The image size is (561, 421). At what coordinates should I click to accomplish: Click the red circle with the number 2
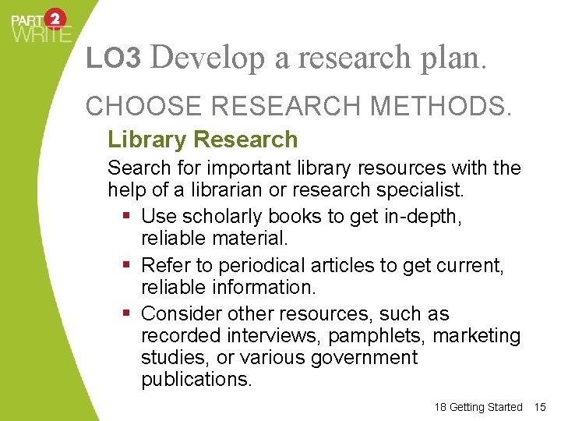56,19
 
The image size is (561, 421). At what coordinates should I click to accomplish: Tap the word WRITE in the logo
41,34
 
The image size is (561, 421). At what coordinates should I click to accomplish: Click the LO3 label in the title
113,58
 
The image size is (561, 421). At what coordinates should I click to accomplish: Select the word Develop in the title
207,58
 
